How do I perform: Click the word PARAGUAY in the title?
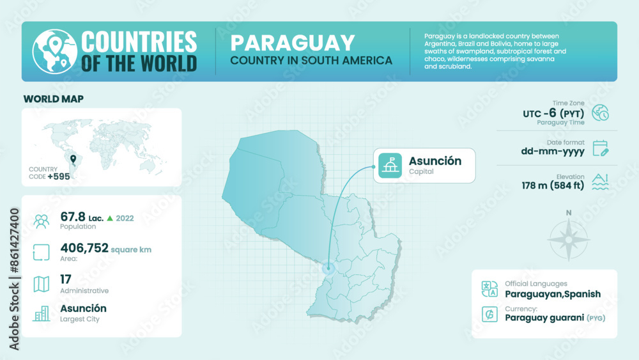click(x=292, y=43)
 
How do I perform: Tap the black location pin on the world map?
click(x=73, y=159)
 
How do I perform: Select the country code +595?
click(x=58, y=176)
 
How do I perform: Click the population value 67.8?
click(x=73, y=217)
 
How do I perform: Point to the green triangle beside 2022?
click(x=110, y=218)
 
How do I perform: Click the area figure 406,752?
click(x=84, y=248)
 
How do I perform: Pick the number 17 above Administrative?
click(x=66, y=279)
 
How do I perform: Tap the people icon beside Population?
click(x=42, y=221)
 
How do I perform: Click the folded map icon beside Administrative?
click(x=42, y=284)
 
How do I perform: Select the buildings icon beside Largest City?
click(x=42, y=313)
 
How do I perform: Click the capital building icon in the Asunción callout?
click(x=390, y=166)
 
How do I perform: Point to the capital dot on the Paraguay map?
click(x=329, y=269)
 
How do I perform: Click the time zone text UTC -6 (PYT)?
click(x=553, y=113)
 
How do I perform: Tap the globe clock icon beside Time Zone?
click(x=600, y=113)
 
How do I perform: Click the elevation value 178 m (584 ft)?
click(x=553, y=186)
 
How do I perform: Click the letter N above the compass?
click(x=569, y=213)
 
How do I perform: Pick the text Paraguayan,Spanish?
click(x=553, y=294)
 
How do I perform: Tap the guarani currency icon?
click(x=489, y=314)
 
